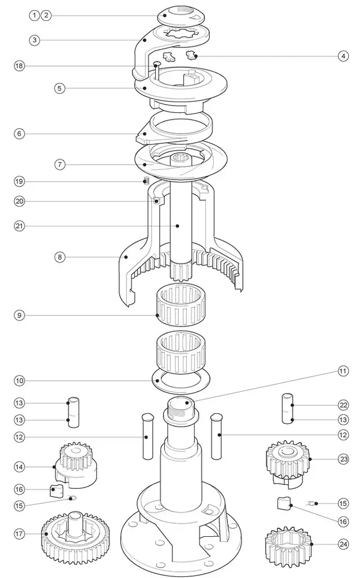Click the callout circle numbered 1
35,16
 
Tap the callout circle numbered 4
343,56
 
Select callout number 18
19,66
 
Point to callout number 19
19,181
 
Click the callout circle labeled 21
19,226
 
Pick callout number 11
343,371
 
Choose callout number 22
343,405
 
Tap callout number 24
343,544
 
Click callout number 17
19,533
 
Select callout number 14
19,467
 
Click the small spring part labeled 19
146,181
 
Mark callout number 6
19,134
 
